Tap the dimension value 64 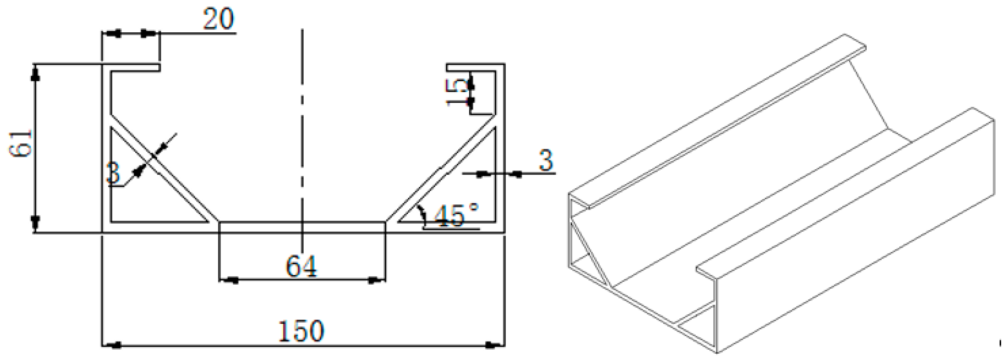[301, 266]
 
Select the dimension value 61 [20, 144]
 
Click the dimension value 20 [218, 19]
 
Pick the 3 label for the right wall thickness [546, 161]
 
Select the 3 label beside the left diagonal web [113, 173]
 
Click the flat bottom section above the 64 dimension [302, 228]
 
